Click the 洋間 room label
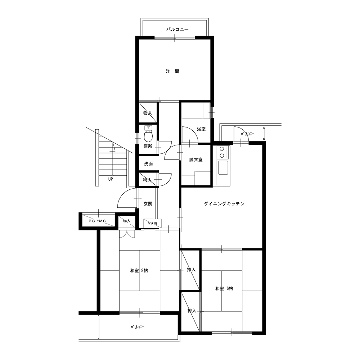(x=172, y=71)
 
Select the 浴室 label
(x=201, y=129)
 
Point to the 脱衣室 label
(x=196, y=159)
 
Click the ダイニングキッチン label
(x=224, y=204)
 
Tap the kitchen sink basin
(x=223, y=167)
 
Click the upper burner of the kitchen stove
(x=222, y=149)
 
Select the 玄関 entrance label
(x=148, y=204)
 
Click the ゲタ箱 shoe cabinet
(x=152, y=223)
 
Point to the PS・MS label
(x=97, y=221)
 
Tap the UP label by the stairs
(x=111, y=179)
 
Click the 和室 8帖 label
(x=139, y=270)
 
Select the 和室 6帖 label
(x=224, y=289)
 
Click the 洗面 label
(x=148, y=164)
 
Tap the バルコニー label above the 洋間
(x=177, y=30)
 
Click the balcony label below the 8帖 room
(x=138, y=327)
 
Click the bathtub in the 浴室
(x=196, y=111)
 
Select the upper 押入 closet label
(x=191, y=270)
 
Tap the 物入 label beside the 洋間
(x=148, y=113)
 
